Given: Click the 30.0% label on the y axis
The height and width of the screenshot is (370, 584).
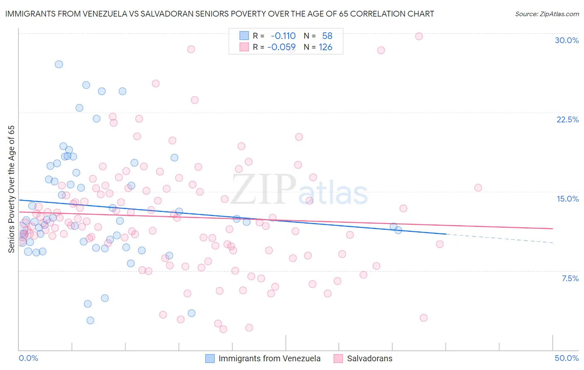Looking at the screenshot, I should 567,40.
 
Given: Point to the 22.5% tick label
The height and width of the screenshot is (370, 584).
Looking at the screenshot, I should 567,119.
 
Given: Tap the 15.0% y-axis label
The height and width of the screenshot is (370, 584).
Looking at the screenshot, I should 567,199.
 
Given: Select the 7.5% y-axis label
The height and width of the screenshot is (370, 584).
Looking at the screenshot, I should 570,278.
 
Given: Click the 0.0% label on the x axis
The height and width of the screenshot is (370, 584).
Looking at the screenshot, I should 29,358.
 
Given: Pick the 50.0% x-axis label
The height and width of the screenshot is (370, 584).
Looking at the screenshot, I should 567,358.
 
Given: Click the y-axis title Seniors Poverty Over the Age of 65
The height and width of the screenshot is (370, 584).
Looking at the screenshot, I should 12,189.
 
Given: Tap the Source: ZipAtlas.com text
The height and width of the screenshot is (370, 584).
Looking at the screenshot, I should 547,14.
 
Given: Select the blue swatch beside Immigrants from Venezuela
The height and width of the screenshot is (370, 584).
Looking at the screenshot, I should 210,358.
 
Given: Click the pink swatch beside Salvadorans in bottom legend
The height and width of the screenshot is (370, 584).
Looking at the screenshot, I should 338,358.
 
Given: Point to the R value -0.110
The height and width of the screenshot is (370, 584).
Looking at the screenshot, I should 283,36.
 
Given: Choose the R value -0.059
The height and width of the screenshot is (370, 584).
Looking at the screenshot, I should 282,47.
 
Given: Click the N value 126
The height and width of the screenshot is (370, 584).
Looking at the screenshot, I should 325,47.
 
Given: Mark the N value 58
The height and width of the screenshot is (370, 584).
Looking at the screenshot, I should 327,36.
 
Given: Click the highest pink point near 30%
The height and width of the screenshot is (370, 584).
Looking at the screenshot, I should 419,37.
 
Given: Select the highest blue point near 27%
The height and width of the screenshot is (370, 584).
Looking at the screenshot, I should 59,64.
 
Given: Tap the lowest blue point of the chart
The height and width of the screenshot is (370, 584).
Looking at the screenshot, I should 90,320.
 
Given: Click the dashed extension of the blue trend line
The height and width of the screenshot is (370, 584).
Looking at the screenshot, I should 498,239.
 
